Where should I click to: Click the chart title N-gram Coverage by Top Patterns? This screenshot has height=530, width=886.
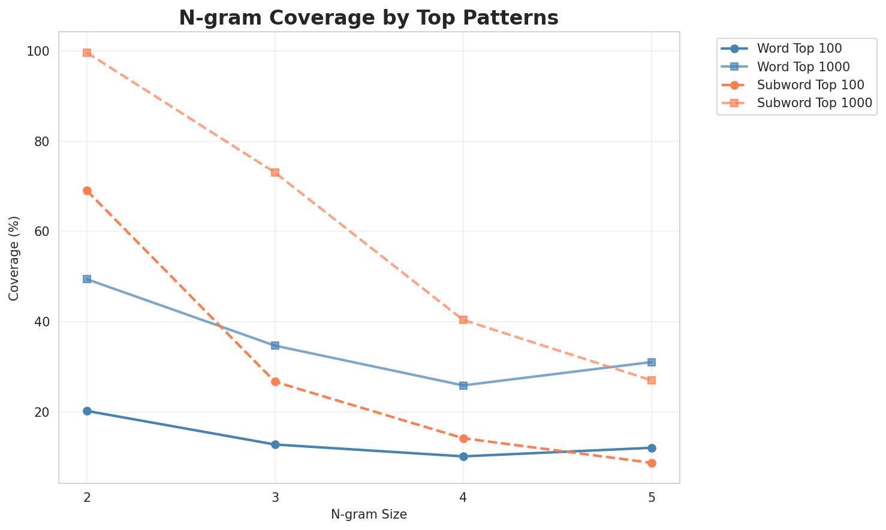coord(369,18)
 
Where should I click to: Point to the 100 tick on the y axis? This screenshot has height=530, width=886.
coord(40,52)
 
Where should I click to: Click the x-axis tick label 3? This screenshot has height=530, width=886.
coord(275,498)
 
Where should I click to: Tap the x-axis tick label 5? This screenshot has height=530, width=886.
coord(652,498)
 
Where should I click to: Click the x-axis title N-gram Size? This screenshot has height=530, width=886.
coord(369,514)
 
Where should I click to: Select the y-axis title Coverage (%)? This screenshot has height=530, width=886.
coord(14,258)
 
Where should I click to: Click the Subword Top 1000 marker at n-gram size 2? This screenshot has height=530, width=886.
coord(87,53)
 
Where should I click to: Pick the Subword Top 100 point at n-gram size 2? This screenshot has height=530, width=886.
coord(87,190)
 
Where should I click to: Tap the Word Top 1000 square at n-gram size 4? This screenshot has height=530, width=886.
coord(463,385)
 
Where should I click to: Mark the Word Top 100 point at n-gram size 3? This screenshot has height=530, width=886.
coord(275,444)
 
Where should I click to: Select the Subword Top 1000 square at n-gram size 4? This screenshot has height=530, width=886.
coord(463,320)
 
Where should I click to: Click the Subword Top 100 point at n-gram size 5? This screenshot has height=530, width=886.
coord(652,463)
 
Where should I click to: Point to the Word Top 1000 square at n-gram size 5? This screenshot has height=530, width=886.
coord(652,362)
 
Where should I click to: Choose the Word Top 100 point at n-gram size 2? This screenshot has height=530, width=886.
coord(87,411)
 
